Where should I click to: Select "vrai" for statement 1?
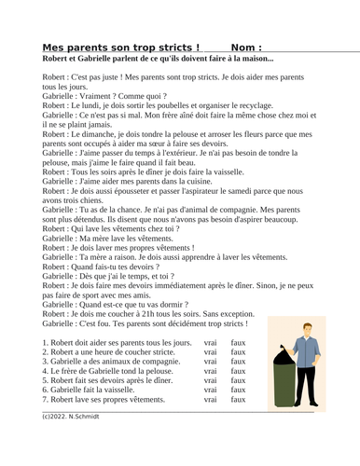click(210, 343)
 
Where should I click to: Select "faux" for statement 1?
click(238, 343)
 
